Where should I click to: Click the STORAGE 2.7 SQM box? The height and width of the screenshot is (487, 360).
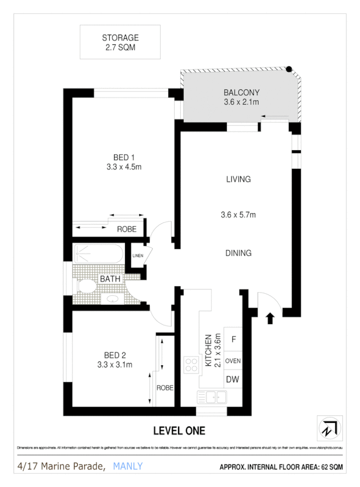(120, 42)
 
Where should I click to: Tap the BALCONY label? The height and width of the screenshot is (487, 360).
(241, 93)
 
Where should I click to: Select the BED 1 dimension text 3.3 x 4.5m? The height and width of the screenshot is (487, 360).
(124, 167)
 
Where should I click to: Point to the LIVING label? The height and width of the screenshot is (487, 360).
(238, 179)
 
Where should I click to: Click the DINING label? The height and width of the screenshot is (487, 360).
(238, 253)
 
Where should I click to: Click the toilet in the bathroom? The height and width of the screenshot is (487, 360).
(85, 286)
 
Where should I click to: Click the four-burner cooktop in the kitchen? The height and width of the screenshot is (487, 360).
(191, 365)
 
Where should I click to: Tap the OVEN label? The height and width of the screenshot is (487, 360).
(234, 360)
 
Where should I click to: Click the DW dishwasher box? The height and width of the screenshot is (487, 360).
(234, 379)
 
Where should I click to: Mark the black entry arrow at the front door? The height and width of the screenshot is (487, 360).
(270, 318)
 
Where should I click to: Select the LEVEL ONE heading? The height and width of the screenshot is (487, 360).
(179, 431)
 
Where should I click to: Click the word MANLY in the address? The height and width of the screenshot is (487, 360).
(128, 466)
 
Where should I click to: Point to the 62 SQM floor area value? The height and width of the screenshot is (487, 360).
(331, 467)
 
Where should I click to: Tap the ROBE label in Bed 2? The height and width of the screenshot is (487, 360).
(165, 388)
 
